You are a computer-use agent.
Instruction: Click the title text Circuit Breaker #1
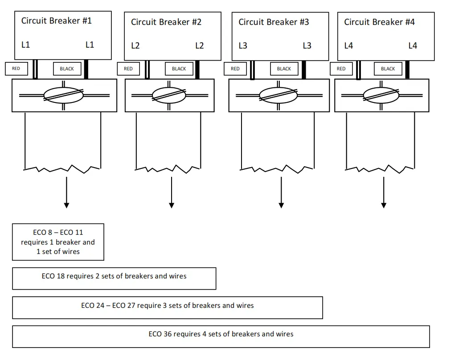click(57, 20)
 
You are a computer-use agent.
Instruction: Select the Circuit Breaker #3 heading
click(274, 22)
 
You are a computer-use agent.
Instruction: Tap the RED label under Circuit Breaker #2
click(128, 69)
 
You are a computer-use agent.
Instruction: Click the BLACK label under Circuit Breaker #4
click(388, 69)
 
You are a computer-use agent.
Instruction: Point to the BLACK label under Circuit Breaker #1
click(67, 69)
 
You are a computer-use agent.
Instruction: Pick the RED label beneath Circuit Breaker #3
click(235, 69)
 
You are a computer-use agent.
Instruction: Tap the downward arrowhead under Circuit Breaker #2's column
click(172, 205)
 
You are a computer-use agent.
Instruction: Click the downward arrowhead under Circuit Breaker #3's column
click(281, 205)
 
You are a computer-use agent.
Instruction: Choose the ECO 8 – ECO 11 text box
click(58, 242)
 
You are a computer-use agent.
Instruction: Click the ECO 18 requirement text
click(114, 276)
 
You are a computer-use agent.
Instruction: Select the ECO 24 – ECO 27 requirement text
click(168, 306)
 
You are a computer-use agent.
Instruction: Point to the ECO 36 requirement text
click(221, 334)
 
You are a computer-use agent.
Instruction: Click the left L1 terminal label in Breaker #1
click(26, 45)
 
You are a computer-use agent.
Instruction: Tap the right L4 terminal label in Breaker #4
click(413, 45)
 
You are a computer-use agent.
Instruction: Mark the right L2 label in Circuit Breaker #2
click(199, 45)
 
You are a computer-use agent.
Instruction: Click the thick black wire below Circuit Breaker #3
click(304, 70)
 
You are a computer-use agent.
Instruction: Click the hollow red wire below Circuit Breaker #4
click(358, 70)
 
